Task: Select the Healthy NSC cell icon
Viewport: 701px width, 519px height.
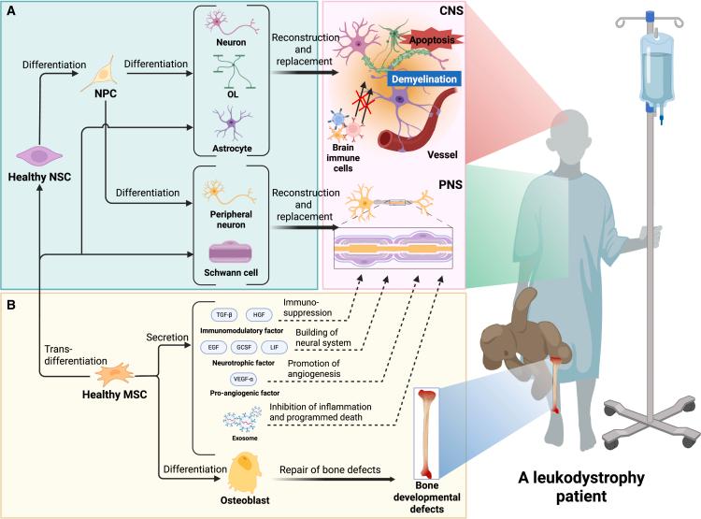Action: [40, 155]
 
